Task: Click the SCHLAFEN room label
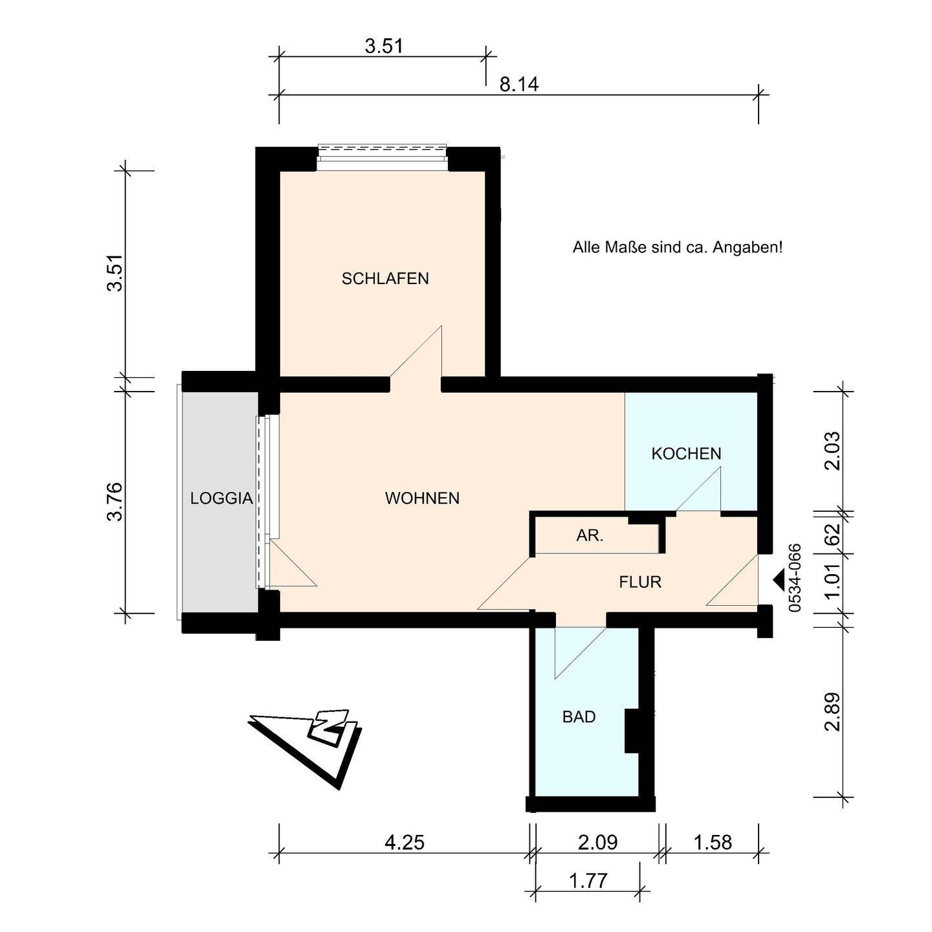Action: (x=385, y=278)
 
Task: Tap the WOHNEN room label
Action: (x=422, y=498)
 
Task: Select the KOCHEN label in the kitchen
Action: (x=686, y=454)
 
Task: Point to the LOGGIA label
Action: (x=221, y=498)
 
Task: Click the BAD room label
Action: (x=579, y=716)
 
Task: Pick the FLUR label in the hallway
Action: (x=640, y=582)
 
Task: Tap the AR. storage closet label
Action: (x=590, y=535)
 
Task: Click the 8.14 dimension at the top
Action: (x=519, y=85)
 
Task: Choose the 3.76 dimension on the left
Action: (x=116, y=501)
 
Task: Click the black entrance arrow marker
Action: (x=778, y=581)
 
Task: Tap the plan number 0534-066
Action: (x=795, y=579)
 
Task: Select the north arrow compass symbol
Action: (x=305, y=749)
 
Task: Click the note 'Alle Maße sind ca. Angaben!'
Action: (x=678, y=248)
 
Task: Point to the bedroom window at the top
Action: (x=382, y=157)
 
